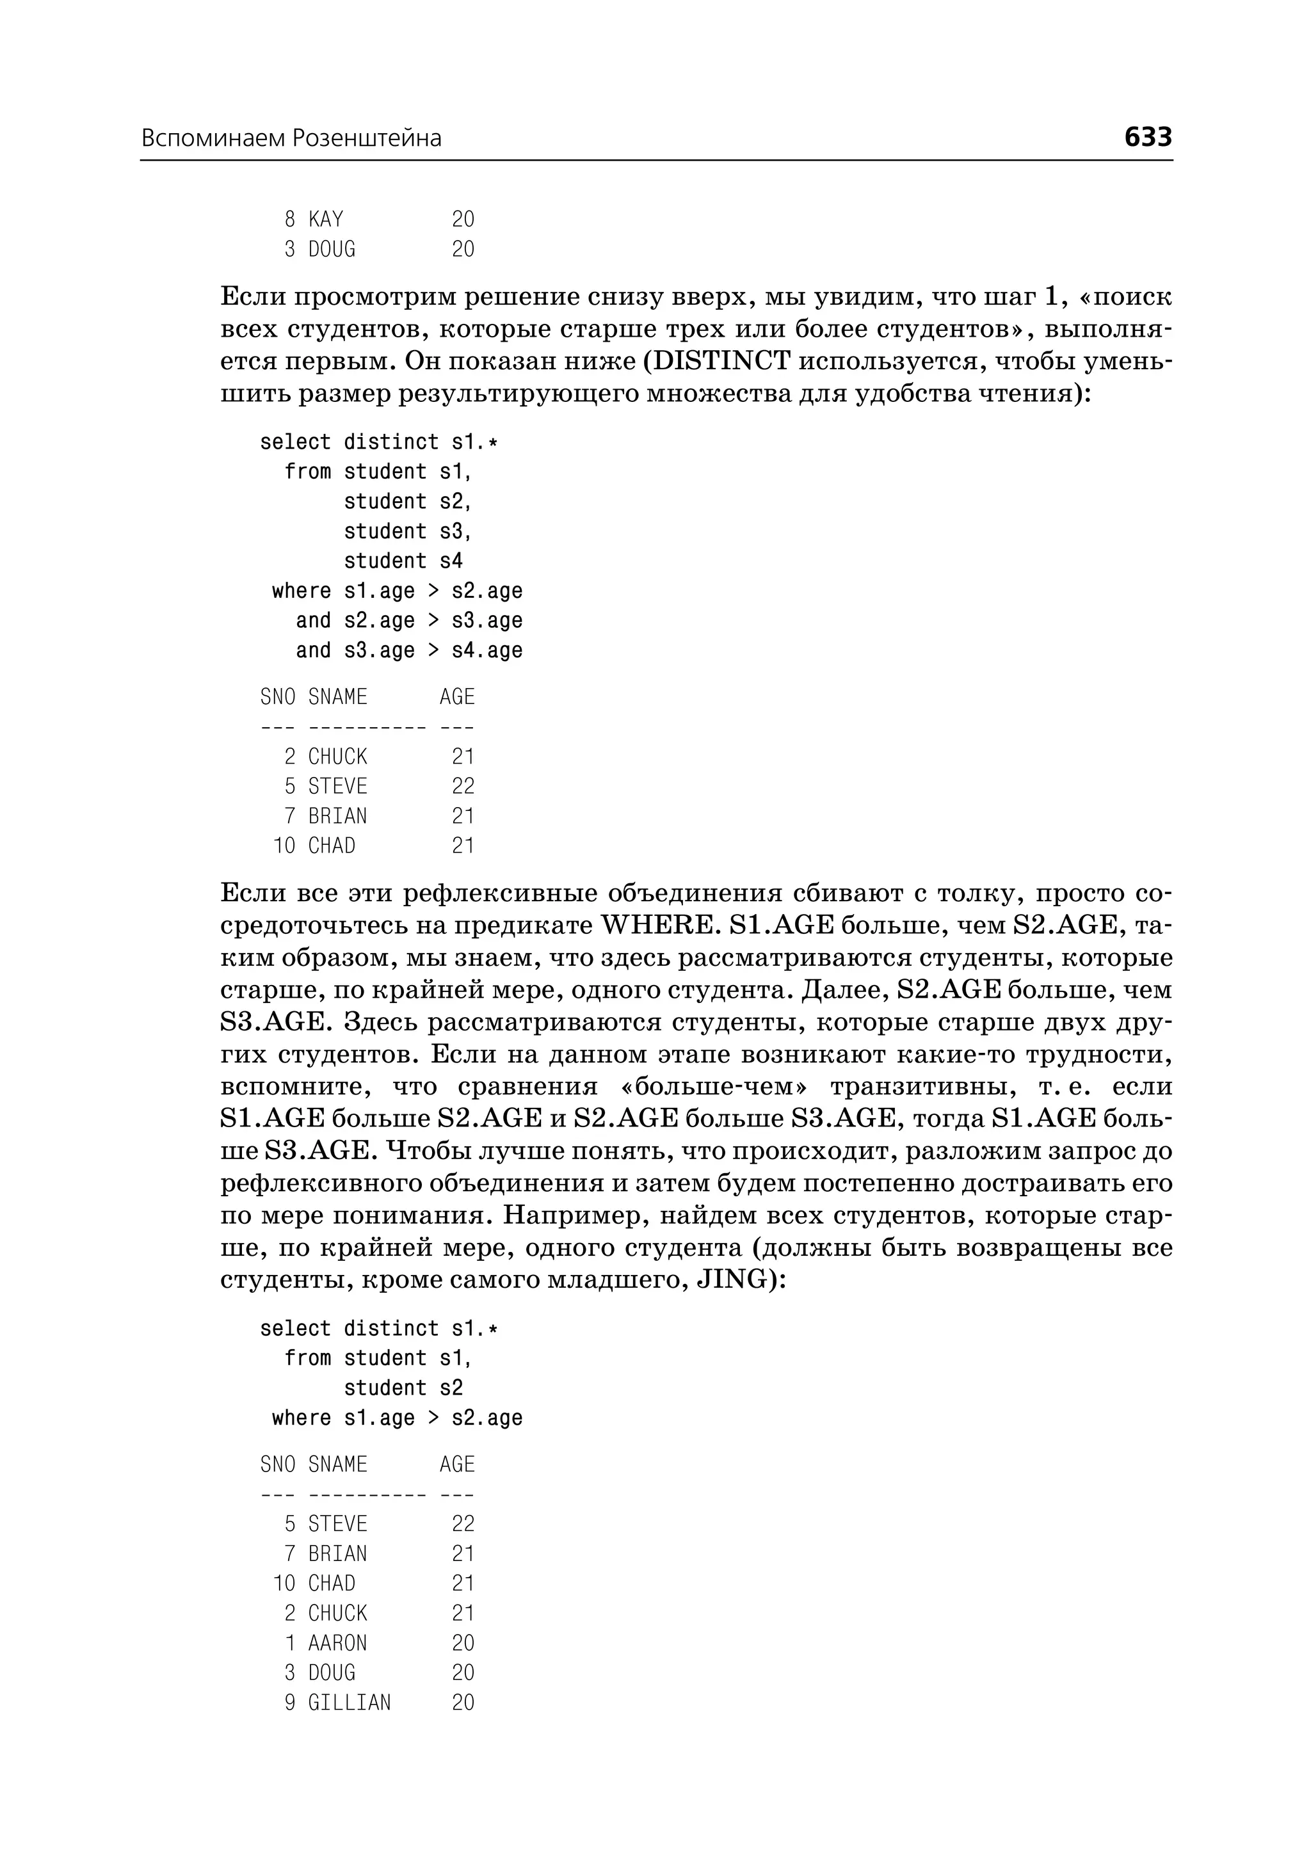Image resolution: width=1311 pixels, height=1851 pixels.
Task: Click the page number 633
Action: click(x=1147, y=137)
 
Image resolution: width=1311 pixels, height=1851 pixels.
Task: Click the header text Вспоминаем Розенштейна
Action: click(x=291, y=139)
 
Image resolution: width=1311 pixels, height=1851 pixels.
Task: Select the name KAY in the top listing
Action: click(x=326, y=220)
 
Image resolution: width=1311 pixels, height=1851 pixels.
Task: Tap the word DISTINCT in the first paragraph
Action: click(x=720, y=361)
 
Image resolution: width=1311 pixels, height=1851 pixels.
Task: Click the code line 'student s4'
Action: click(x=403, y=561)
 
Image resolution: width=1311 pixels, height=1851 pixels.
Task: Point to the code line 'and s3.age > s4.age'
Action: click(x=408, y=651)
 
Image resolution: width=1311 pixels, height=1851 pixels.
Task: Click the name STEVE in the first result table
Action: click(x=337, y=786)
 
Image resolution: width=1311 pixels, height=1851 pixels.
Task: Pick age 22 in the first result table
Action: click(x=463, y=786)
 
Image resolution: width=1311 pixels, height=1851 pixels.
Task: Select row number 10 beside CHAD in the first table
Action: click(x=285, y=846)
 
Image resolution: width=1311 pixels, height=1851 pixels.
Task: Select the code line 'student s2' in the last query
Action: click(x=403, y=1388)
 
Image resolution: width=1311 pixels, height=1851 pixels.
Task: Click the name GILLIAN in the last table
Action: click(x=350, y=1703)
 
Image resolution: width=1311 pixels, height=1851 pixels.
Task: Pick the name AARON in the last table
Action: click(x=337, y=1644)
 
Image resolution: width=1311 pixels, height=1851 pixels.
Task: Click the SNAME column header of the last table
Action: click(x=337, y=1465)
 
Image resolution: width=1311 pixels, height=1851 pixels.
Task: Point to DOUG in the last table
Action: click(x=332, y=1674)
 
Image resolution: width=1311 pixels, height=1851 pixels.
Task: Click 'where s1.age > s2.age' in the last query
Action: click(x=397, y=1418)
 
